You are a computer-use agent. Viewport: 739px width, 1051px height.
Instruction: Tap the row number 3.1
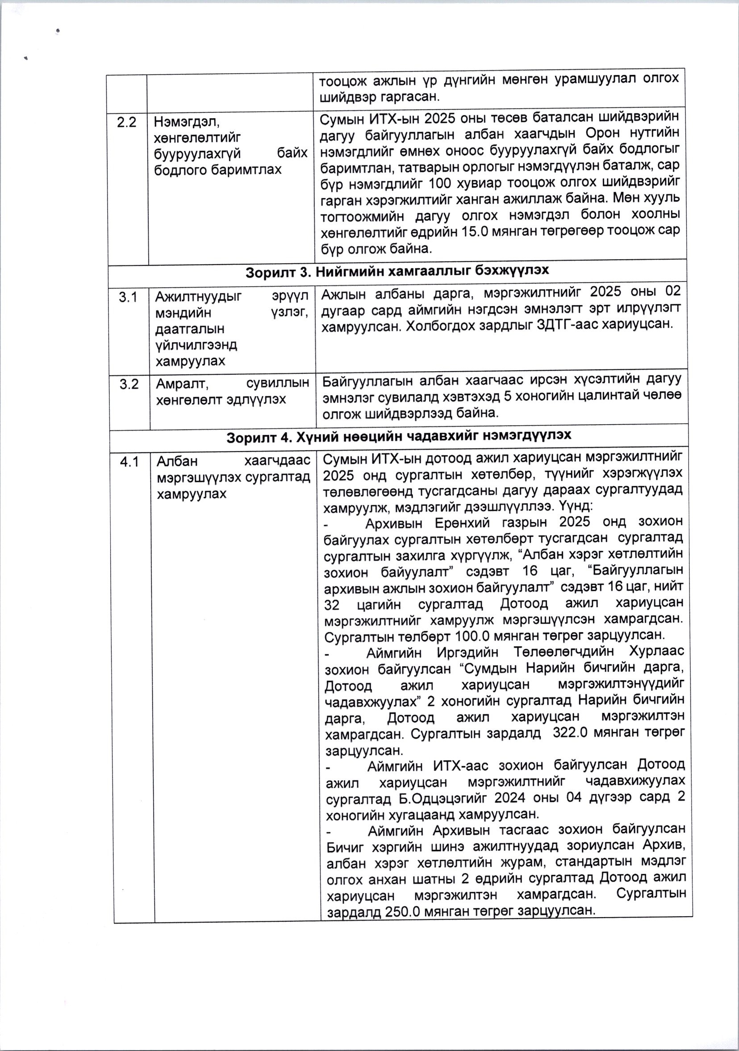click(x=128, y=298)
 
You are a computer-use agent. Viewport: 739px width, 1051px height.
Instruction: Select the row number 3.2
click(x=129, y=384)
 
